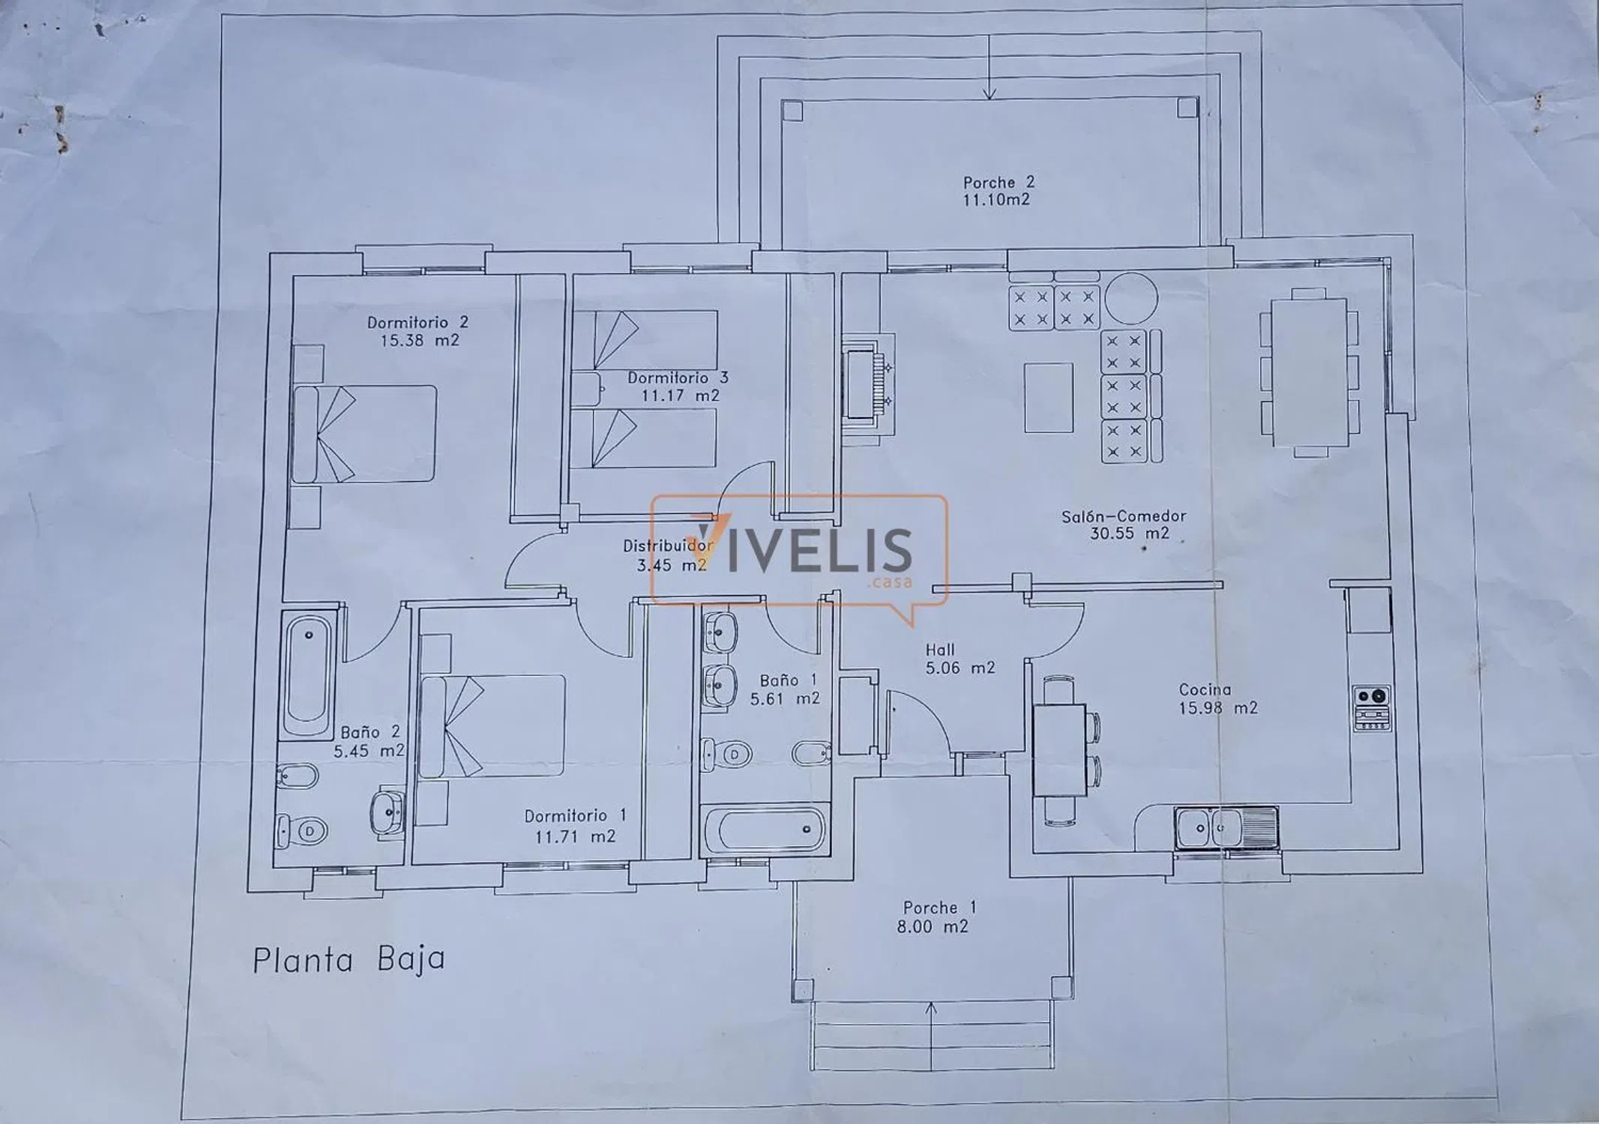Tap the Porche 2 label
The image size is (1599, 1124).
point(999,182)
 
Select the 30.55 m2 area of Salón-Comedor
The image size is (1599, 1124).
point(1129,534)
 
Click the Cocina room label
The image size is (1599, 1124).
point(1205,689)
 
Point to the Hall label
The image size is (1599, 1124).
point(939,650)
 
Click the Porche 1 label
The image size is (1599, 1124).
point(939,907)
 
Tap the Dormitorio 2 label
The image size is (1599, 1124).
point(418,323)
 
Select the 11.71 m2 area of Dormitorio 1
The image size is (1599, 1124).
point(575,836)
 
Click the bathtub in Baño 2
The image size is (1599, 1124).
point(307,675)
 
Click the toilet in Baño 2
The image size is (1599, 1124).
point(301,830)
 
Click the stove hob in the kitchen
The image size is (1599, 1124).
point(1372,707)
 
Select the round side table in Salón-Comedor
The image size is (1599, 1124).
point(1131,297)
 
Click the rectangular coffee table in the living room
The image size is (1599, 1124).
point(1049,397)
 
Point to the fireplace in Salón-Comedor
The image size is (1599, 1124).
point(868,385)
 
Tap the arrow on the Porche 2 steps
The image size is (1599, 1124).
point(990,67)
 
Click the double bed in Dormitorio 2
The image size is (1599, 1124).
point(364,434)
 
